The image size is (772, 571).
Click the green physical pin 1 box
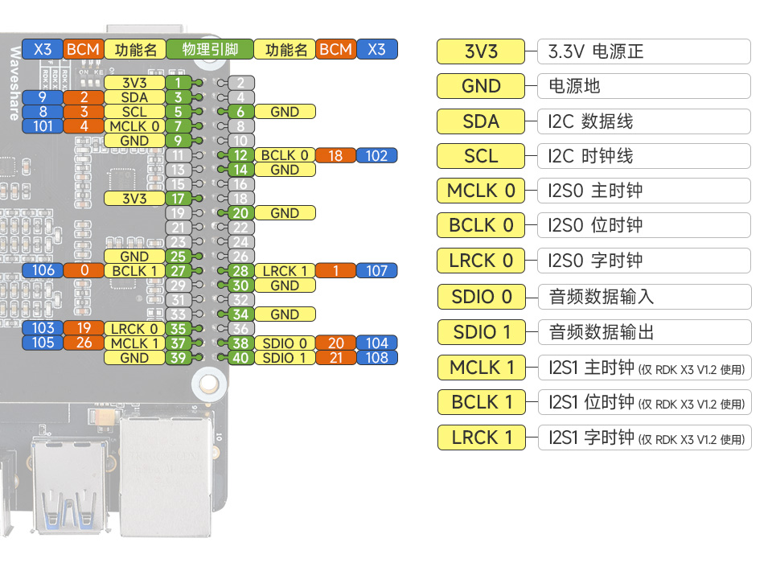[x=178, y=82]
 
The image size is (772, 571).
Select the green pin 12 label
[x=240, y=155]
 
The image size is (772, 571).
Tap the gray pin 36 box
[x=240, y=328]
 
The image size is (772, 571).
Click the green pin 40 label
[x=240, y=358]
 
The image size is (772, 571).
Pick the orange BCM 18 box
[x=335, y=155]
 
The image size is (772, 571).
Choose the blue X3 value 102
[x=376, y=155]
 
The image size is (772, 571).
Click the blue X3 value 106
[x=43, y=270]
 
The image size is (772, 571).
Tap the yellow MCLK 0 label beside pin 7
[x=134, y=126]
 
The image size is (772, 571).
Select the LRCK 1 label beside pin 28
[x=285, y=271]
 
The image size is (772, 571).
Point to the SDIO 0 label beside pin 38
[x=285, y=343]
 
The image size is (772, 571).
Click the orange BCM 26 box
[x=84, y=343]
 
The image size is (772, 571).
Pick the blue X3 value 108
[x=376, y=358]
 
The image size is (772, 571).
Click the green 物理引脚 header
[x=209, y=49]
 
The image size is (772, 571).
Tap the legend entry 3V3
[x=481, y=51]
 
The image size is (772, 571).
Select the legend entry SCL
[x=481, y=156]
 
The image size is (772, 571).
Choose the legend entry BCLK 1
[x=481, y=402]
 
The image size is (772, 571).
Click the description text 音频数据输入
[x=601, y=297]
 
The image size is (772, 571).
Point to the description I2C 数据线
[x=590, y=121]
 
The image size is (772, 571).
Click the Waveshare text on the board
[x=14, y=84]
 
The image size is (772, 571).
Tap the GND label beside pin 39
[x=134, y=358]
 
